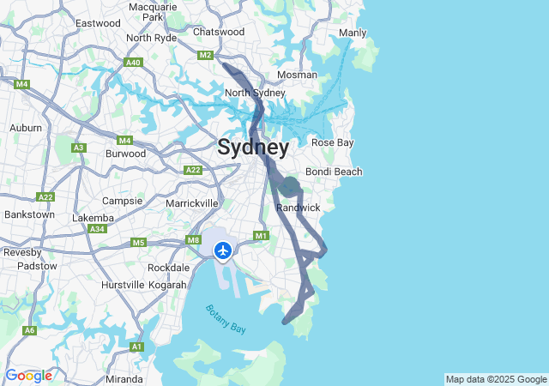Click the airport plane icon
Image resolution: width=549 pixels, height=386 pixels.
223,250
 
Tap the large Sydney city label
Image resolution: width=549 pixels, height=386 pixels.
253,148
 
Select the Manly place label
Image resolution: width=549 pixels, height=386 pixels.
353,33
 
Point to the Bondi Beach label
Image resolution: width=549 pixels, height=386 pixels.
334,172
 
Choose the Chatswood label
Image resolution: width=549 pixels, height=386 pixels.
219,32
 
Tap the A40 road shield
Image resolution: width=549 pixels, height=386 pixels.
133,63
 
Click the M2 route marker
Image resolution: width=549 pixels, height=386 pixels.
205,56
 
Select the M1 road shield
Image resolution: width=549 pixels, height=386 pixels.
262,236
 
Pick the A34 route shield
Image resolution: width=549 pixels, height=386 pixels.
98,229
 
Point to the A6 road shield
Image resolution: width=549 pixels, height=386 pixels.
30,330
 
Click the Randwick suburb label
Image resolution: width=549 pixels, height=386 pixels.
299,208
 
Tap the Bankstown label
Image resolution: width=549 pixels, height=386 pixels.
29,214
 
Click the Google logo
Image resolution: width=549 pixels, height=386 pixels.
28,376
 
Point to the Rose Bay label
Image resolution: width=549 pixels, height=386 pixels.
332,142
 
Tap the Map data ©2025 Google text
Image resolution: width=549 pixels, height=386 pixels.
496,379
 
